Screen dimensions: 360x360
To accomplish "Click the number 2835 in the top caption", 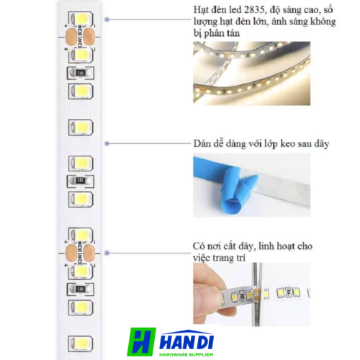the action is [x=255, y=10].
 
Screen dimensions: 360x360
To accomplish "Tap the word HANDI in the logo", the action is [x=186, y=341].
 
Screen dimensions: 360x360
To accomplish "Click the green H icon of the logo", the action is [x=141, y=342].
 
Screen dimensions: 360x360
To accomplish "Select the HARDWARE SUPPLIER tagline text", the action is [x=186, y=354].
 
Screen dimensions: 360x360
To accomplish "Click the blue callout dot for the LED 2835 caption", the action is [x=107, y=19].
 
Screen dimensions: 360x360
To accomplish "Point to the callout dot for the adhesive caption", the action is [x=107, y=143].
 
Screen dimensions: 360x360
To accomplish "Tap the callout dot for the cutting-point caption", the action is [x=107, y=253].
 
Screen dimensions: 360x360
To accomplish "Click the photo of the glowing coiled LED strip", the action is [x=251, y=73].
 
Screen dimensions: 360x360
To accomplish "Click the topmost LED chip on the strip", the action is [x=81, y=18].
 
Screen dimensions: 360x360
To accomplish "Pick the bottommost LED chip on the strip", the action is [x=81, y=343].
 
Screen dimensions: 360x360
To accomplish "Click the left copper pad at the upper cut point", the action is [x=71, y=37].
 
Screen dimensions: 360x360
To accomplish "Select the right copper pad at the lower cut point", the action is [x=89, y=253].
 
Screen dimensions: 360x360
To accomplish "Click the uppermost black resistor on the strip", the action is [x=81, y=73].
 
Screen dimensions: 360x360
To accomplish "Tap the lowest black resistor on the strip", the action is [x=81, y=289].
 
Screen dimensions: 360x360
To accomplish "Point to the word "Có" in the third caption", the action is [x=199, y=246].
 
